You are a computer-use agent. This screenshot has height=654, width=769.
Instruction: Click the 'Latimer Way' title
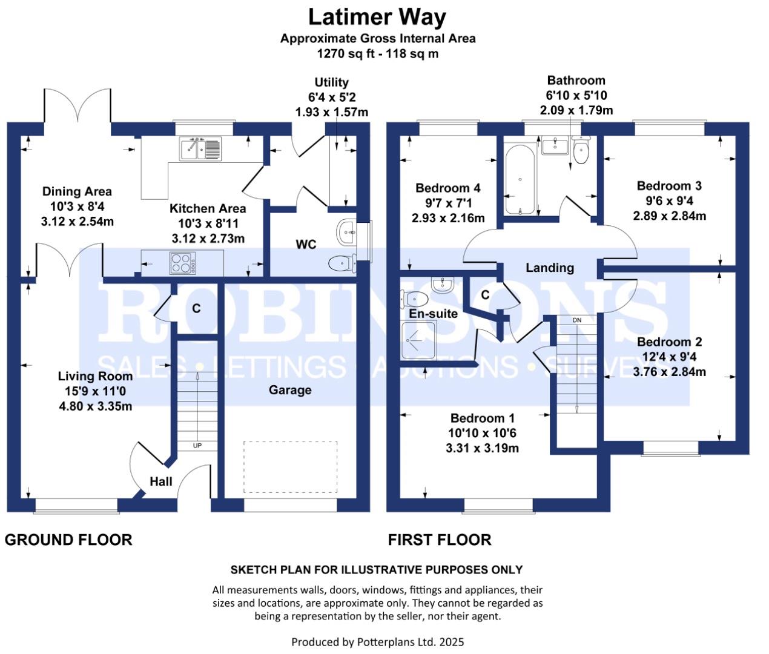[377, 18]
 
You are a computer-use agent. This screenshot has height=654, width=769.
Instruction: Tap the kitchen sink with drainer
[200, 148]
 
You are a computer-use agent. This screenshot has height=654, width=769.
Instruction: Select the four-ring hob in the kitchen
[183, 263]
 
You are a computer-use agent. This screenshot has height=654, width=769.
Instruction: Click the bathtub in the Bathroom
[520, 180]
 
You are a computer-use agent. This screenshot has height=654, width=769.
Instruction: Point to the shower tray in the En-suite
[418, 341]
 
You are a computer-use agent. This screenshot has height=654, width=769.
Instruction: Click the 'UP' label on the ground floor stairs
[197, 445]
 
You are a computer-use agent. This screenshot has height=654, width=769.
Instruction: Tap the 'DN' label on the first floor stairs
[576, 320]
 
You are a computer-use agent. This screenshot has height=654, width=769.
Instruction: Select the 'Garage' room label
[290, 390]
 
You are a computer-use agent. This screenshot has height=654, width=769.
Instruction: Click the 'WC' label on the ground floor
[306, 245]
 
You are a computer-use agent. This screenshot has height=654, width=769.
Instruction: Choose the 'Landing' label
[549, 268]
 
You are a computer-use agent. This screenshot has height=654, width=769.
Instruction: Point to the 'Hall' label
[160, 481]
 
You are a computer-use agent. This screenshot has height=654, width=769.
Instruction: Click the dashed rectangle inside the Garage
[291, 467]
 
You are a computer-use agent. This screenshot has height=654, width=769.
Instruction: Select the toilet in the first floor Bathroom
[581, 150]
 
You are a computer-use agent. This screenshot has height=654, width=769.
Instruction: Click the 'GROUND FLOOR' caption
[68, 540]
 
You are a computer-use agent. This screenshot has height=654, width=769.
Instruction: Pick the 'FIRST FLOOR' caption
[440, 540]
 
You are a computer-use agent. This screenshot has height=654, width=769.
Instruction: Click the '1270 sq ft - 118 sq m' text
[378, 53]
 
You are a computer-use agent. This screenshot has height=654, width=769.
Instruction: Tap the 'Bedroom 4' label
[447, 188]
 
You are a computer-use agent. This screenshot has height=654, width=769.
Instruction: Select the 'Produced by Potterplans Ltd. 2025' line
[378, 642]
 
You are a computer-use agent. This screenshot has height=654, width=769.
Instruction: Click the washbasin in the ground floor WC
[346, 233]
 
